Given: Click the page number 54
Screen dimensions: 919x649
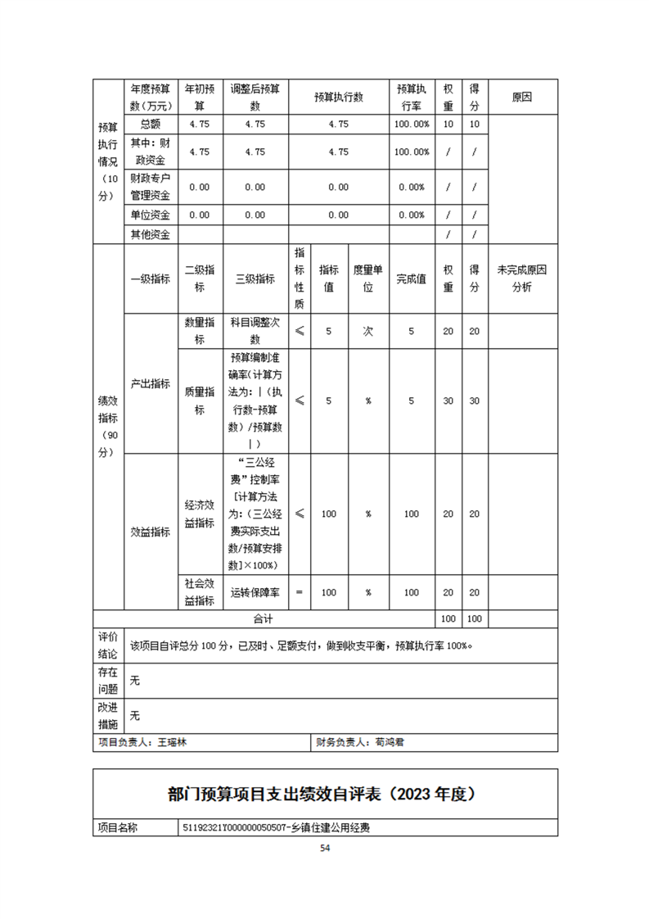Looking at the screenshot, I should point(325,849).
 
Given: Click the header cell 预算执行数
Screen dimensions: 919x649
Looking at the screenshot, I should point(339,97).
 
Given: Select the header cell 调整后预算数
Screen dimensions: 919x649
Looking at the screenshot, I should point(255,97).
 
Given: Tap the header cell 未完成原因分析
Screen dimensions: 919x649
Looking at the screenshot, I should point(522,278).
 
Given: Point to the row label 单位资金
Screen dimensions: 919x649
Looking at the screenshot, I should point(150,215).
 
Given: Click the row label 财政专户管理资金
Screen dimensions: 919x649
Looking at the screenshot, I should point(150,187).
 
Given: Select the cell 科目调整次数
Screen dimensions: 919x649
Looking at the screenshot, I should point(255,331).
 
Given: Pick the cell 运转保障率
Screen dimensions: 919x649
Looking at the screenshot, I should point(255,592).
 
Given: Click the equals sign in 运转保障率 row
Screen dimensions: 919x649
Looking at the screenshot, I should point(300,592).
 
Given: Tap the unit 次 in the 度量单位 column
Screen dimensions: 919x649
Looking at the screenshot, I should point(368,331).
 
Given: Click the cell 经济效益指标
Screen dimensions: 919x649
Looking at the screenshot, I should point(199,514).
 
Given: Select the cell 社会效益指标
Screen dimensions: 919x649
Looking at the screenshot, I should point(199,592).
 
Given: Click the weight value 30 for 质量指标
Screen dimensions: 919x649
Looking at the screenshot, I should point(448,401).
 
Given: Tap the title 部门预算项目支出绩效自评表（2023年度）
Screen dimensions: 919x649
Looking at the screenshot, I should point(324,794).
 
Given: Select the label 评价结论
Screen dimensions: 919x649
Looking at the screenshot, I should point(108,645).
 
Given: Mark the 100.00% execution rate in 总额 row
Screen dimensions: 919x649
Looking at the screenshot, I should point(412,124).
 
